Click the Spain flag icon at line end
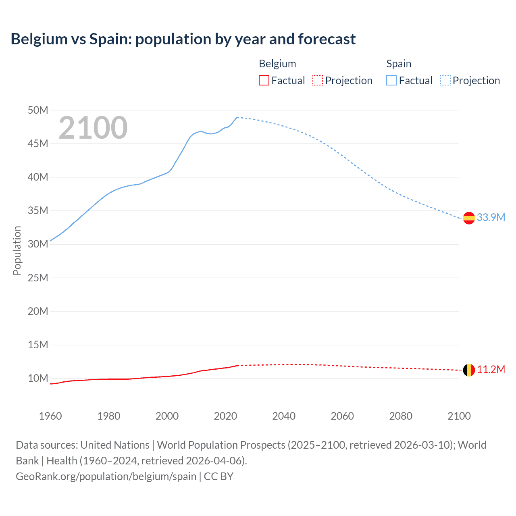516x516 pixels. (x=469, y=218)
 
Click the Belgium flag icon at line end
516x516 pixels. (x=469, y=370)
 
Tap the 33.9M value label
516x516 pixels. (x=491, y=218)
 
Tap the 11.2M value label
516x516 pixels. (x=491, y=370)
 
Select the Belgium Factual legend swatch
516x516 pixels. (x=264, y=81)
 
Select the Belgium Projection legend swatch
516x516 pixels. (x=318, y=81)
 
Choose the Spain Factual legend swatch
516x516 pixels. (x=391, y=81)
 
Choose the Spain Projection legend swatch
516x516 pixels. (x=445, y=81)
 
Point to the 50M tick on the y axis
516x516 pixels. (x=38, y=110)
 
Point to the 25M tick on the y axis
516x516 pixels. (x=38, y=278)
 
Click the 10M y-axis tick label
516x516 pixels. (x=38, y=379)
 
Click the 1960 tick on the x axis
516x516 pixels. (x=50, y=416)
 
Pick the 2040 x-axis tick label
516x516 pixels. (x=284, y=416)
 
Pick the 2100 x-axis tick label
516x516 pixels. (x=459, y=416)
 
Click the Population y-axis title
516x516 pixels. (x=17, y=251)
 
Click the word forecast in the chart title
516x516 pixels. (x=327, y=39)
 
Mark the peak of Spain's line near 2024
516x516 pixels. (x=237, y=117)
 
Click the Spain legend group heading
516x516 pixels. (x=399, y=64)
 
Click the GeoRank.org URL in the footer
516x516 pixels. (x=106, y=476)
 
